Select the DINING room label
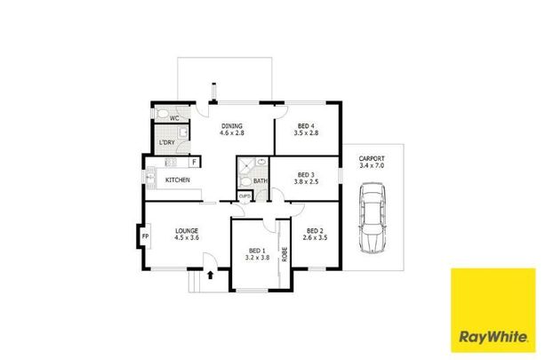point(232,126)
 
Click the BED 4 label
point(307,126)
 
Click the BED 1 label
point(257,251)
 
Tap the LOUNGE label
point(187,231)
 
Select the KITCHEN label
point(177,180)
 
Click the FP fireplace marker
point(145,238)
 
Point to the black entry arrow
point(210,276)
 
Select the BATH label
point(260,181)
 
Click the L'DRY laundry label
point(166,142)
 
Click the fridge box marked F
point(194,162)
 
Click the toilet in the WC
point(161,116)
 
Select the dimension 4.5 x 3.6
point(187,238)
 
